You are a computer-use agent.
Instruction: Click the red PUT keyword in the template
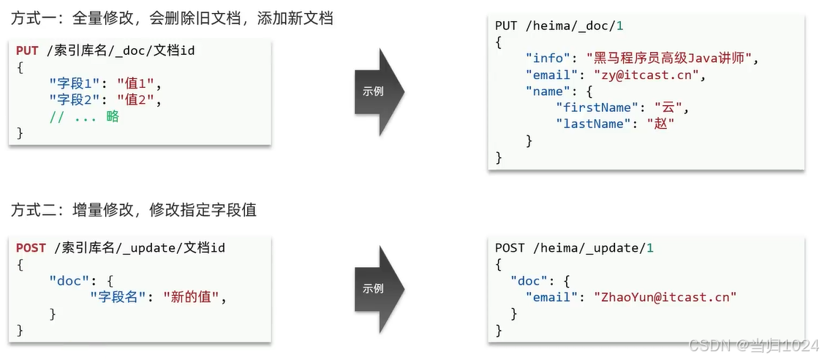click(x=28, y=50)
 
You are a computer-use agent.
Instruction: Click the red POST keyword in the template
click(x=31, y=248)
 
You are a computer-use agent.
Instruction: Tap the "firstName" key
click(x=597, y=108)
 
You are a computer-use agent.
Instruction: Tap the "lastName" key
click(x=593, y=124)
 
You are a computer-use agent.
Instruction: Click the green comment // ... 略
click(x=84, y=117)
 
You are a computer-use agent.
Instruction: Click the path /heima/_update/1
click(x=593, y=248)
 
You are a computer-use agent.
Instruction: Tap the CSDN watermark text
click(x=753, y=345)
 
